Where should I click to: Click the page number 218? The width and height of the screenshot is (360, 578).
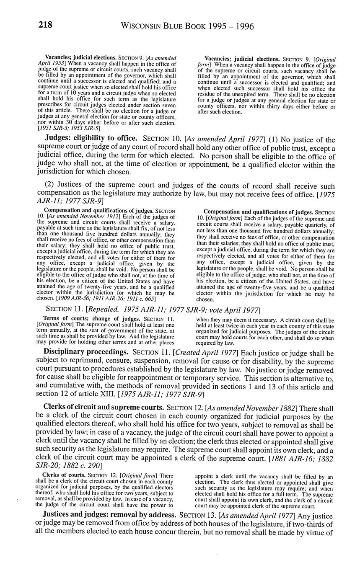(x=45, y=25)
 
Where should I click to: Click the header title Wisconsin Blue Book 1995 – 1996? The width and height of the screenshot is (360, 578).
(x=187, y=26)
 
